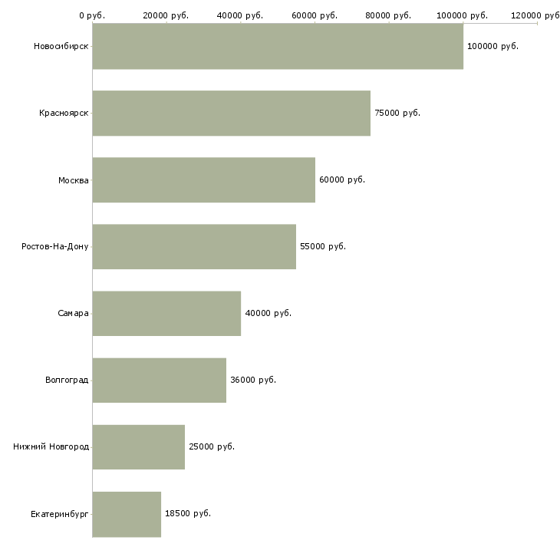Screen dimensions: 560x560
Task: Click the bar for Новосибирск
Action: pyautogui.click(x=278, y=46)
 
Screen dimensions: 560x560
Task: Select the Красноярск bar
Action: pyautogui.click(x=232, y=114)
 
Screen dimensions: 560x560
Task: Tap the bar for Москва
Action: pyautogui.click(x=204, y=180)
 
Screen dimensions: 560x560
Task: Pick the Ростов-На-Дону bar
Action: pyautogui.click(x=194, y=247)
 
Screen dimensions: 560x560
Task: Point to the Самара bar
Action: pyautogui.click(x=166, y=314)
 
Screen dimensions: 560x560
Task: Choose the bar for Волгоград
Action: pyautogui.click(x=160, y=380)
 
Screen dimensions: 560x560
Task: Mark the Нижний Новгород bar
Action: pyautogui.click(x=139, y=447)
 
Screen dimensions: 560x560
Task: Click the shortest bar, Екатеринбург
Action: pyautogui.click(x=127, y=514)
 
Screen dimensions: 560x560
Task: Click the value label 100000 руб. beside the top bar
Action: pyautogui.click(x=492, y=47)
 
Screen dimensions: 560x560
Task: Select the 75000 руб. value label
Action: pyautogui.click(x=397, y=114)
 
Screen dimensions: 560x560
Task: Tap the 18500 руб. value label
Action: pyautogui.click(x=188, y=513)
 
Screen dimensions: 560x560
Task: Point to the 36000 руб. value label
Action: pyautogui.click(x=253, y=380)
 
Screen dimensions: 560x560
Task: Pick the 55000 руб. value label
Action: pyautogui.click(x=323, y=247)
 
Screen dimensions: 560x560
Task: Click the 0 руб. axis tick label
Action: pyautogui.click(x=92, y=15)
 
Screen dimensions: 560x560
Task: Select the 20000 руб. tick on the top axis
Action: pyautogui.click(x=166, y=15)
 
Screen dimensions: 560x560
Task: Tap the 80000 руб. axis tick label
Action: pyautogui.click(x=388, y=15)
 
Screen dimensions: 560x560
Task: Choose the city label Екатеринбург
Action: pyautogui.click(x=59, y=515)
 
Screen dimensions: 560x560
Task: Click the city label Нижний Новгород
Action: pyautogui.click(x=51, y=446)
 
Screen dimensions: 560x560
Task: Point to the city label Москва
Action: pyautogui.click(x=73, y=180)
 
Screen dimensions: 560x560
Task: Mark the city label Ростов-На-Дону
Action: pyautogui.click(x=55, y=247)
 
